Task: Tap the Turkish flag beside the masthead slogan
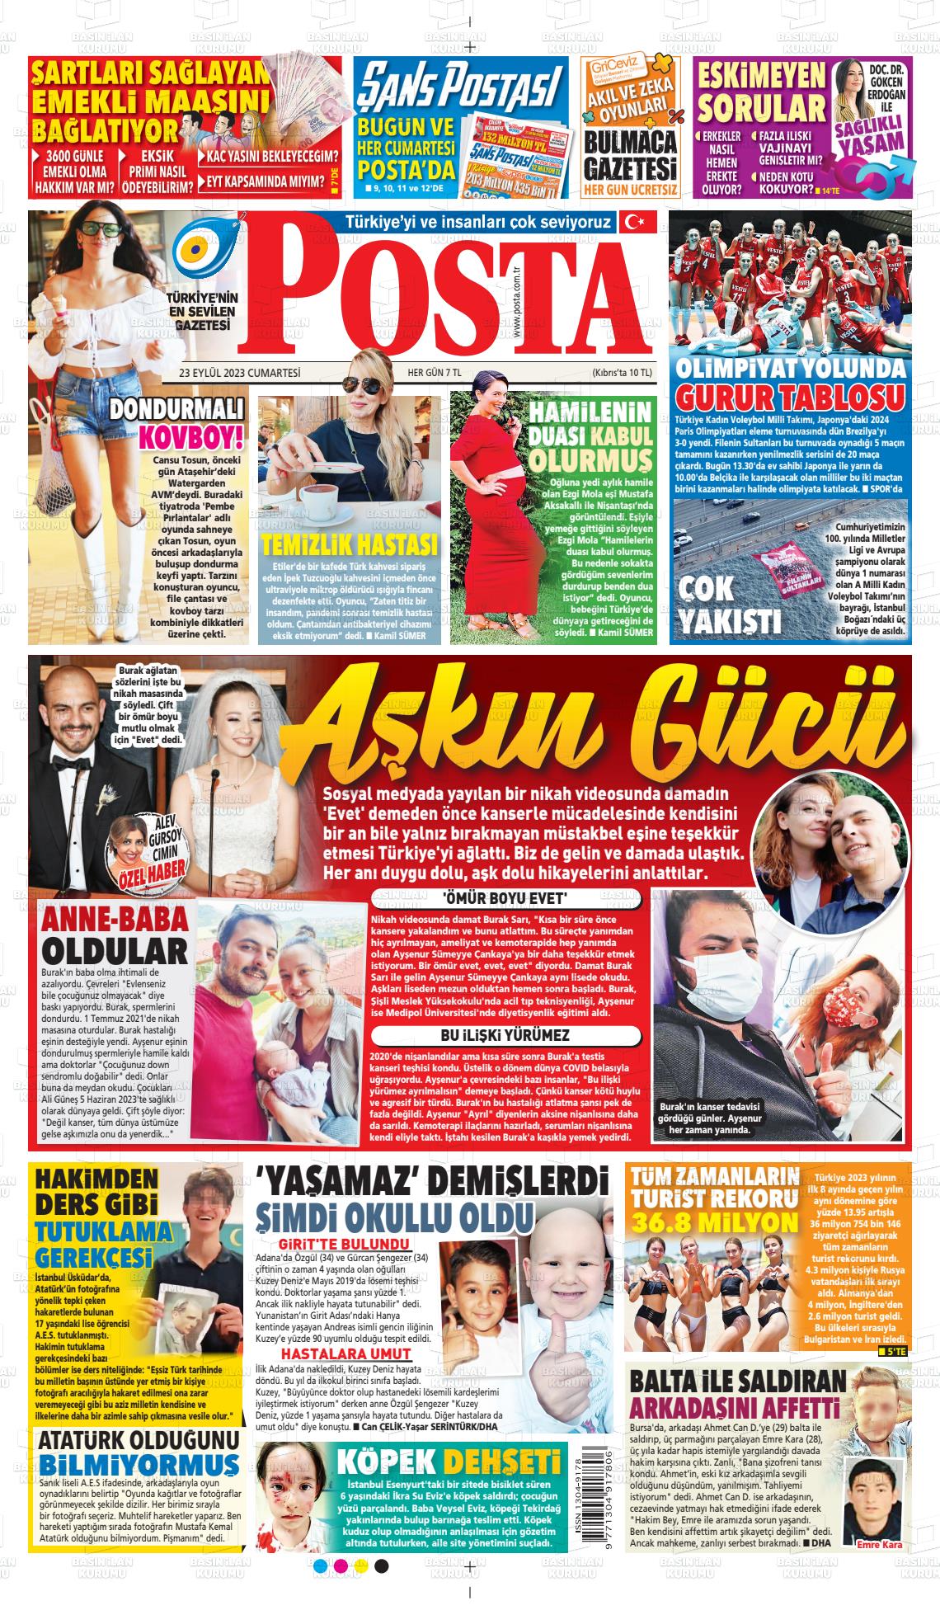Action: click(x=637, y=221)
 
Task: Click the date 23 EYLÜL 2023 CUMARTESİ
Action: click(x=240, y=373)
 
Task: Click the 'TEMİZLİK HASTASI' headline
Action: click(x=349, y=544)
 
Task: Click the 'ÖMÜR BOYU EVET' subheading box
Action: click(x=505, y=897)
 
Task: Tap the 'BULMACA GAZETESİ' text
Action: click(x=630, y=156)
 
